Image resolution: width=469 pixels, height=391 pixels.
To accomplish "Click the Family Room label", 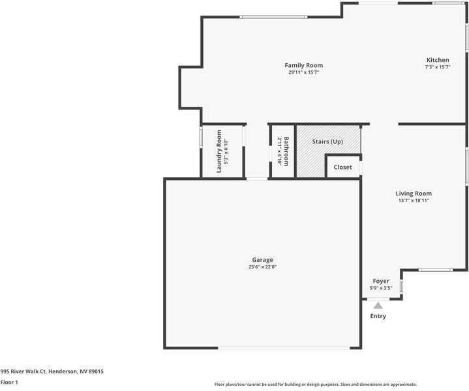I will tap(303, 65).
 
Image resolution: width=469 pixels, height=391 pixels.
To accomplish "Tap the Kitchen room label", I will tap(438, 60).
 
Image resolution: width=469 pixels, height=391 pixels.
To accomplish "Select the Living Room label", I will tap(414, 194).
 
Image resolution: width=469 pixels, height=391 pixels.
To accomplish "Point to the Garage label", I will tap(263, 260).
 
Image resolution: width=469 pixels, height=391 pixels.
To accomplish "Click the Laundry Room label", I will tap(219, 151).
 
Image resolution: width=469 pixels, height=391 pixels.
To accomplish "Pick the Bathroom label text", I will tap(286, 151).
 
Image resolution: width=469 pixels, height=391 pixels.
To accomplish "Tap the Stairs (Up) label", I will tap(327, 141).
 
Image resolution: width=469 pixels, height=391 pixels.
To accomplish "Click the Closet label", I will tap(342, 167).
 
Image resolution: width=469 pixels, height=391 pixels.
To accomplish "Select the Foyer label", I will tap(381, 281).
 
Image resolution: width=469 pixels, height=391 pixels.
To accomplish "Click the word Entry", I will tap(378, 316).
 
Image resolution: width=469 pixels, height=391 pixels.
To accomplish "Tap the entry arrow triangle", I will tap(378, 304).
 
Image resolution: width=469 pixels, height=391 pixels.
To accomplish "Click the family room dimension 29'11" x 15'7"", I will tap(303, 72).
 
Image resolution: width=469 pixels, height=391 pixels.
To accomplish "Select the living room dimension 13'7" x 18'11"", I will tap(414, 201).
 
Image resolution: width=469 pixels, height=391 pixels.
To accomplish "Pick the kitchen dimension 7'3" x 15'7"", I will tap(438, 67).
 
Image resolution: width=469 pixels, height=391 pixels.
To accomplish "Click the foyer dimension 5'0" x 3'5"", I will tap(381, 288).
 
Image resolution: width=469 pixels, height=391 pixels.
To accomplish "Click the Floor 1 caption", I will tap(9, 382).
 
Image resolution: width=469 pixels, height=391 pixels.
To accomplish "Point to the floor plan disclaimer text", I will tap(316, 384).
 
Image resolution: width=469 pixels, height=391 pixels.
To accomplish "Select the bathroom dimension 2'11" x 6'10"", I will tap(279, 151).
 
